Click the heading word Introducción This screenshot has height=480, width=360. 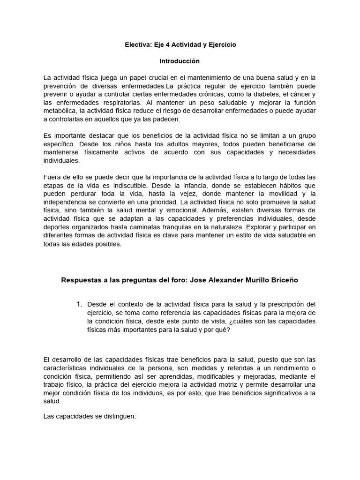[180, 61]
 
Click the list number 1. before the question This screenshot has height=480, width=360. [79, 304]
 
